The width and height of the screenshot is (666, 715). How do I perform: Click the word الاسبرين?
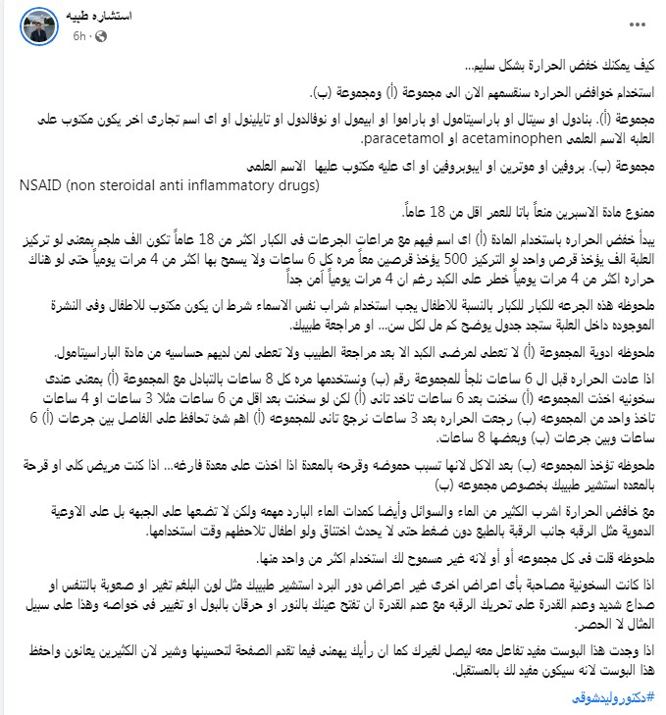click(566, 212)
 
